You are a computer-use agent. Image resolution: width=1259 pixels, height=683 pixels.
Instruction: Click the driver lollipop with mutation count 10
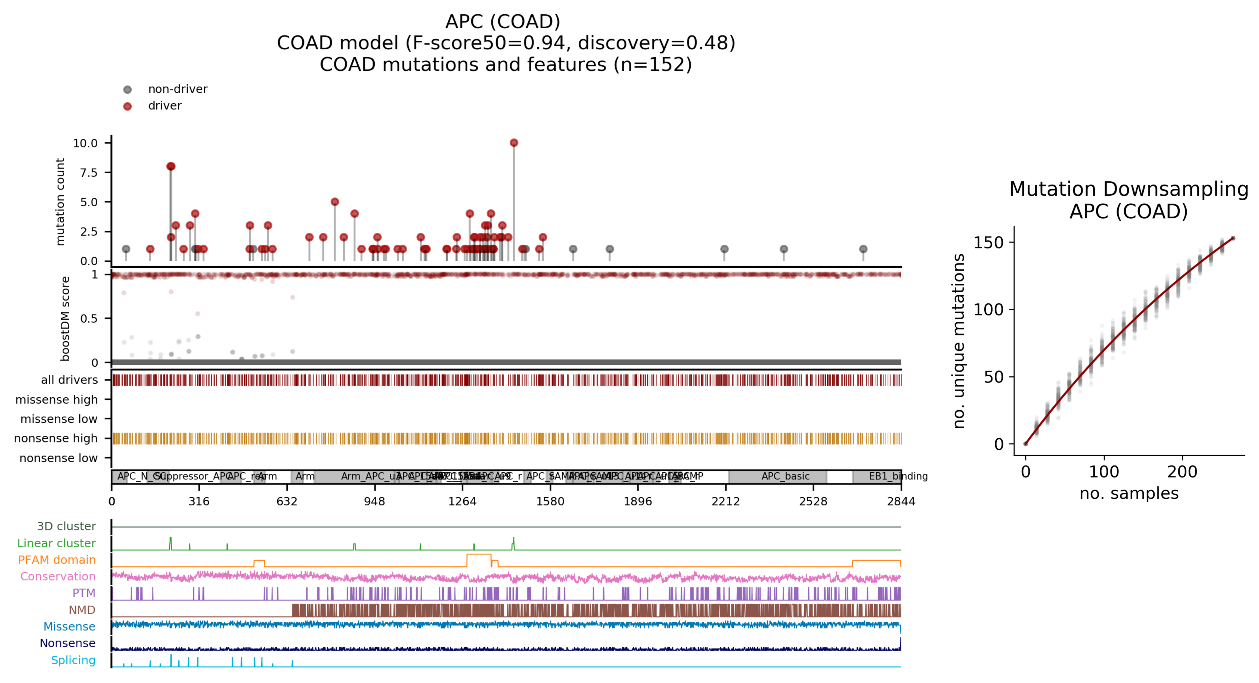[x=514, y=143]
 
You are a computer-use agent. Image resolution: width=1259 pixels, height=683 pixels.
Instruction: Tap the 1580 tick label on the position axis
[x=550, y=501]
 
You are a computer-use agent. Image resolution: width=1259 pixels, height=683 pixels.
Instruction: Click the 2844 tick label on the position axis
[x=901, y=501]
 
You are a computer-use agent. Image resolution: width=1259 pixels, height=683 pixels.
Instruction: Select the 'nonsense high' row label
[x=56, y=438]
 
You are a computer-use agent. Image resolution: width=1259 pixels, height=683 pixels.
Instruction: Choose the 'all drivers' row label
[x=69, y=380]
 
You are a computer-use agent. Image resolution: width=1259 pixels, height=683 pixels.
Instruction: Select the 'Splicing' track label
[x=73, y=660]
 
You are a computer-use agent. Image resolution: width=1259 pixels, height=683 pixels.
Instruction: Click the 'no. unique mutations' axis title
[x=959, y=341]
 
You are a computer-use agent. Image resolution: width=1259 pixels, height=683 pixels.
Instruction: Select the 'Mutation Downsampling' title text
[x=1128, y=189]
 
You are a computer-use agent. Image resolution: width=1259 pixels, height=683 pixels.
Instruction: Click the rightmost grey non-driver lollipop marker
[x=863, y=249]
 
